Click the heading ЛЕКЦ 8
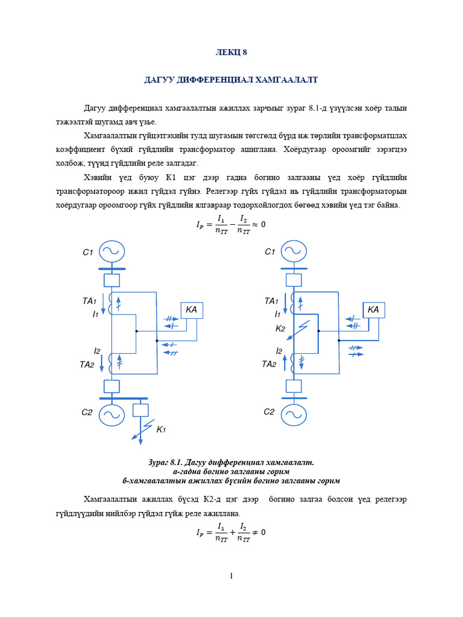point(231,52)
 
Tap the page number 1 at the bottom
point(231,576)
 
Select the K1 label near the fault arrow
point(161,430)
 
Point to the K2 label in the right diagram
point(280,328)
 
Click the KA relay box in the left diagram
point(192,310)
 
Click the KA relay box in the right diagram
point(373,310)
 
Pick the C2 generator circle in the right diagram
point(294,414)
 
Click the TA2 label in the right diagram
point(269,364)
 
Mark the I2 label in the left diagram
point(97,351)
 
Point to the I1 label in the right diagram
point(277,315)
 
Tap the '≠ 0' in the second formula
point(259,532)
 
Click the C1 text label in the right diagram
point(270,252)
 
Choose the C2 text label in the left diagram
point(87,413)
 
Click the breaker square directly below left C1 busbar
point(112,280)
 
